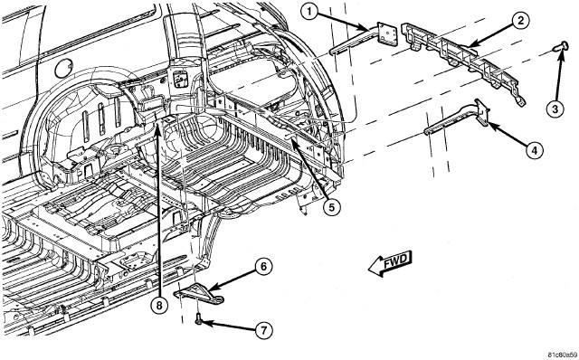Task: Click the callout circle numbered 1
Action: coord(310,13)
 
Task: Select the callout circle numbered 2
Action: coord(520,20)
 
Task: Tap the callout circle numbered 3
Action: coord(555,109)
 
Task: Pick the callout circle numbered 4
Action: coord(535,150)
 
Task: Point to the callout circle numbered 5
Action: coord(331,207)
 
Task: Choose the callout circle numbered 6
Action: coord(263,267)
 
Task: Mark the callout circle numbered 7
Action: coord(263,330)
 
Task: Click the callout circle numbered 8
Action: coord(159,306)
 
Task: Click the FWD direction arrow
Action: coord(390,262)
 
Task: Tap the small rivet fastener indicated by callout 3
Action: coord(560,47)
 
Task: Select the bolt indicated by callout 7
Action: coord(199,318)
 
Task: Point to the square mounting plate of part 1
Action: coord(386,34)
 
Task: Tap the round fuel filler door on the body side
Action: coord(64,69)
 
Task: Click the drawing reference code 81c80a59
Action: coord(562,355)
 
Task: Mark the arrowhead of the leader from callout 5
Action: coord(292,141)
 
